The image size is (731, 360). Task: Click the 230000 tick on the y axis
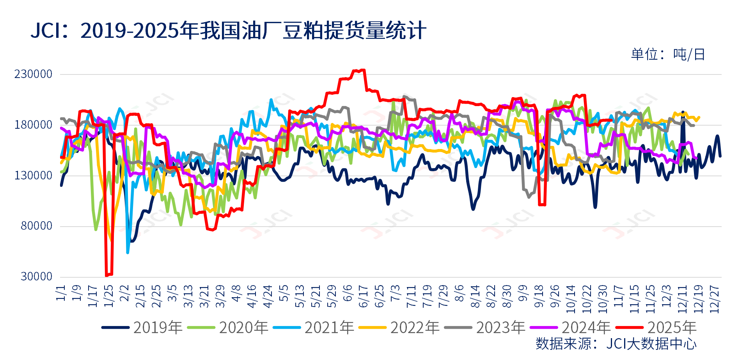(33, 74)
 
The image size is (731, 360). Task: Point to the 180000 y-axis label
(33, 125)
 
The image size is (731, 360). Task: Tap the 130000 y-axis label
(33, 176)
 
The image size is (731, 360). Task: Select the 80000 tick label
(36, 226)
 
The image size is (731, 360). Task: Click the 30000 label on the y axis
(36, 277)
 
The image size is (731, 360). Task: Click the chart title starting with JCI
(228, 30)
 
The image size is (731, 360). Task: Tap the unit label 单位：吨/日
(668, 55)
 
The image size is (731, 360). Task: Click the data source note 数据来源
(616, 344)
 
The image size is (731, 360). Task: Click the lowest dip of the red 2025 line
(106, 275)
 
